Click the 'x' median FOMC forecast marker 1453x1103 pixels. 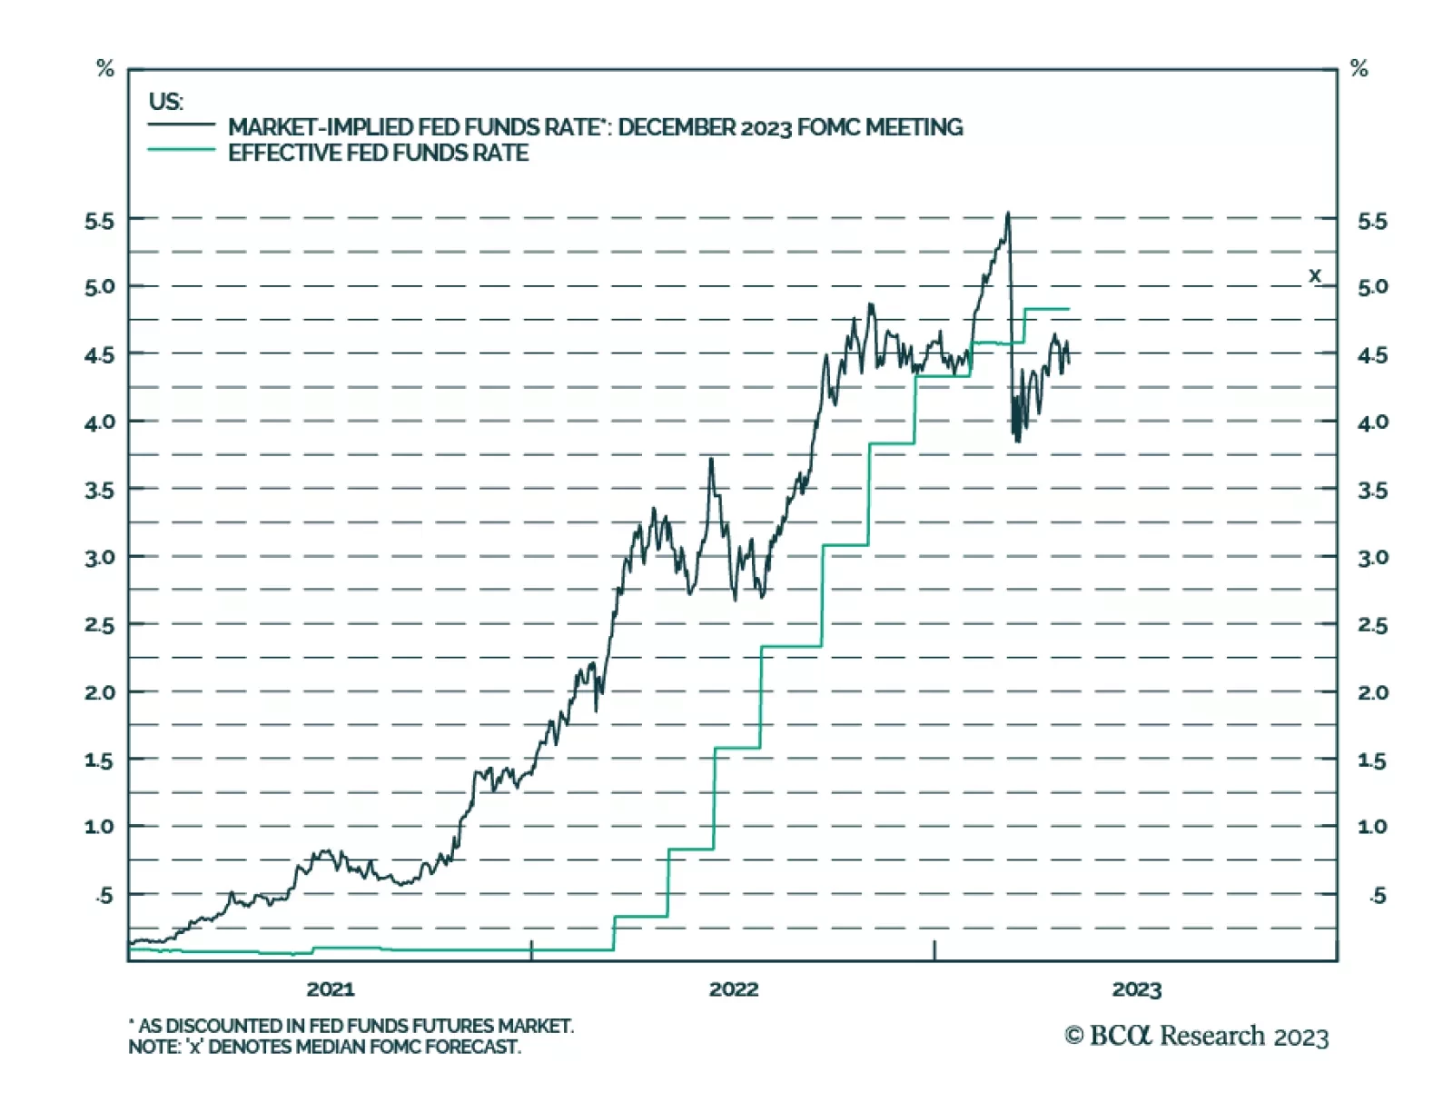point(1314,275)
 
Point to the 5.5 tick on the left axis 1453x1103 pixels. point(100,222)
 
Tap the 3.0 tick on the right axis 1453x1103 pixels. point(1372,558)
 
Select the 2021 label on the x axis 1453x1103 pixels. point(331,989)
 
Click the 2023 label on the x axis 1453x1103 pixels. point(1136,989)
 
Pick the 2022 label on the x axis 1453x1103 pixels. point(734,989)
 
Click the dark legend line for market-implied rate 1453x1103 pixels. point(182,124)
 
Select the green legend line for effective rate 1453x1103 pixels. point(182,149)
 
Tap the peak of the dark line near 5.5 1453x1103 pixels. point(1007,214)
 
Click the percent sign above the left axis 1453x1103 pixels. point(105,68)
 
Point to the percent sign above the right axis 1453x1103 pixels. point(1359,68)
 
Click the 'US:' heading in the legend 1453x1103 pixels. point(166,101)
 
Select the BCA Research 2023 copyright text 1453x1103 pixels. point(1196,1036)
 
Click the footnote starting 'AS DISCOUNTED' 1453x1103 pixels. point(351,1026)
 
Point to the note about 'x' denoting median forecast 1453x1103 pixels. point(324,1047)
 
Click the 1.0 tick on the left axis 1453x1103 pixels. point(100,827)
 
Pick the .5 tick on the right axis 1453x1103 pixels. point(1377,896)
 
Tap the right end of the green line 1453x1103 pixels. point(1069,310)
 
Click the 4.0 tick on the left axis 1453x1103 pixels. point(100,422)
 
